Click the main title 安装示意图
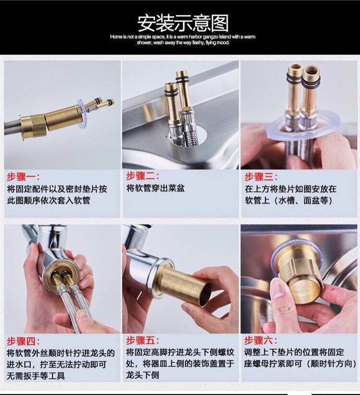point(183,23)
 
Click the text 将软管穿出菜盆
point(156,188)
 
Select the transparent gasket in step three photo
point(304,128)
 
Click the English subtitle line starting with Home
point(183,37)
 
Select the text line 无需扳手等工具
point(36,376)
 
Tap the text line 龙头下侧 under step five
point(143,375)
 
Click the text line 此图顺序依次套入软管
point(48,200)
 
